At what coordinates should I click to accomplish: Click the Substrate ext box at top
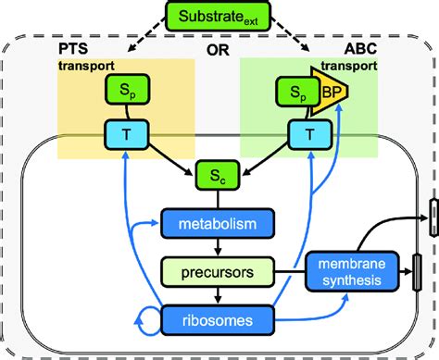tap(219, 17)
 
